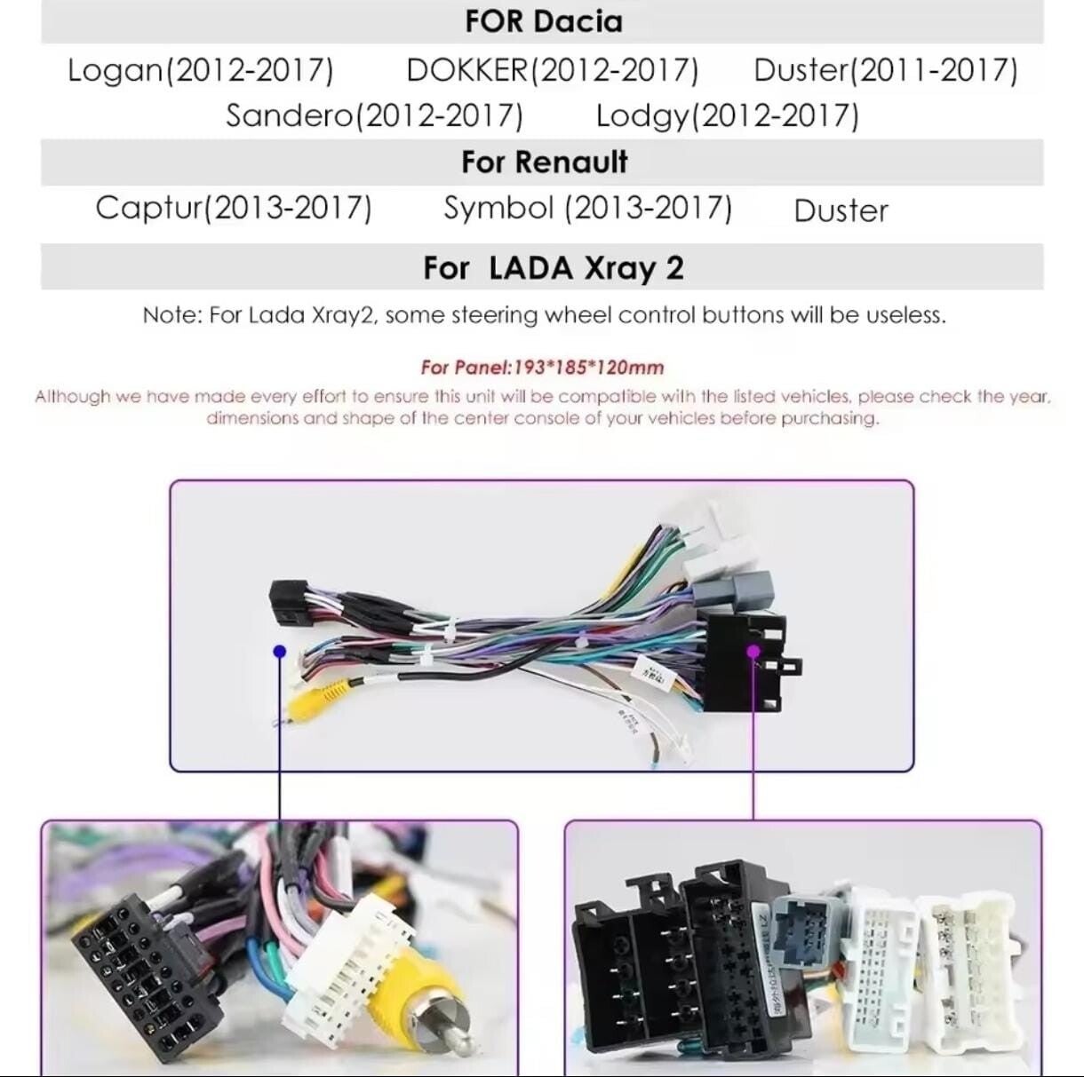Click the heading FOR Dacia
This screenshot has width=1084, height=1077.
click(543, 21)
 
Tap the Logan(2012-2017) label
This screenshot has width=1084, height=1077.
click(201, 70)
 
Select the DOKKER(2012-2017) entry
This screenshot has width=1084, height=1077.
click(552, 70)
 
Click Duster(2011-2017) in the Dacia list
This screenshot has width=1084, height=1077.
click(885, 70)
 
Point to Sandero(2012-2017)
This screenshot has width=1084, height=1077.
click(374, 115)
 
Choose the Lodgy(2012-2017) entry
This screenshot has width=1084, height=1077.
click(727, 115)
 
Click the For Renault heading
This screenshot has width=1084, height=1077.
click(544, 162)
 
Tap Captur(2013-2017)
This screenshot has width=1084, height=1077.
click(234, 209)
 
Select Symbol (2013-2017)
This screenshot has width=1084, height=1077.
click(587, 209)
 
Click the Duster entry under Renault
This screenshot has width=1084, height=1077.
click(841, 211)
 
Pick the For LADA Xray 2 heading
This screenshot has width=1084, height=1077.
click(553, 268)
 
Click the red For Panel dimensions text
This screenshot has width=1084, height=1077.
click(542, 368)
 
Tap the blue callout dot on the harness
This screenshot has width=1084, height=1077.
click(280, 652)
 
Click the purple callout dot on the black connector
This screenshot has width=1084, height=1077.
click(753, 651)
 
